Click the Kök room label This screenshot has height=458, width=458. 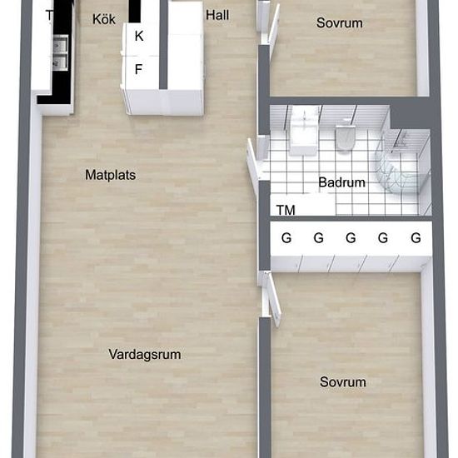pyautogui.click(x=104, y=19)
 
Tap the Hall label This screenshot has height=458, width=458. pyautogui.click(x=217, y=15)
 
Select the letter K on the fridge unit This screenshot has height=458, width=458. pyautogui.click(x=139, y=36)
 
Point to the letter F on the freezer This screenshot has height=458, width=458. pyautogui.click(x=138, y=69)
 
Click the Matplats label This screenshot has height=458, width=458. pyautogui.click(x=111, y=175)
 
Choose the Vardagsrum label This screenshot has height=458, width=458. pyautogui.click(x=145, y=354)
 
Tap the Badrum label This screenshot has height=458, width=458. pyautogui.click(x=341, y=182)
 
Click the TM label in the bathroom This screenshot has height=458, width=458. pyautogui.click(x=286, y=210)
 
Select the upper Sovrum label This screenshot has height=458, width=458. pyautogui.click(x=340, y=22)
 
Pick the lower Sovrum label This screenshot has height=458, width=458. pyautogui.click(x=343, y=381)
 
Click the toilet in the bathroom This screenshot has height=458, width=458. pyautogui.click(x=346, y=137)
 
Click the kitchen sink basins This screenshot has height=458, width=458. pyautogui.click(x=60, y=52)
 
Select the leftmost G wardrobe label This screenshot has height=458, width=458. pyautogui.click(x=286, y=238)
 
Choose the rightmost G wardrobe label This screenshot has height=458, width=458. pyautogui.click(x=416, y=238)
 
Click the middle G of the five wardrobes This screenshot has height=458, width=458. pyautogui.click(x=351, y=238)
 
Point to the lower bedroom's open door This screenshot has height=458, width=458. pyautogui.click(x=274, y=300)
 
